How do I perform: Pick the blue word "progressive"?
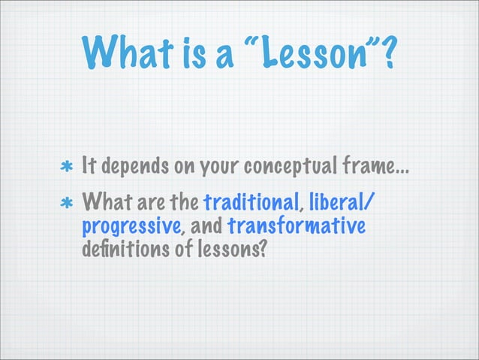coord(128,226)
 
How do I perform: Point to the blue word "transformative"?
coord(296,226)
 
